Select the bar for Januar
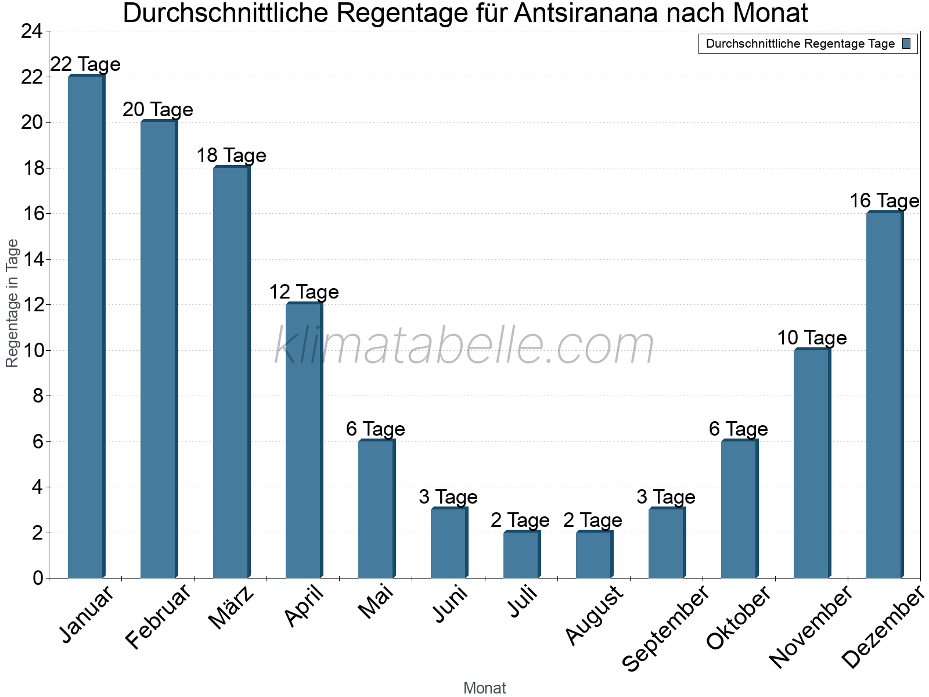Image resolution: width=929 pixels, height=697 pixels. coord(86,326)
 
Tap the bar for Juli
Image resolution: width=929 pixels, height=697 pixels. coord(521,555)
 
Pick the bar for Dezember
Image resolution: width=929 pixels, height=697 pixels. coord(884,395)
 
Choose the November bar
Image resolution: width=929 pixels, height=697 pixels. coord(812,464)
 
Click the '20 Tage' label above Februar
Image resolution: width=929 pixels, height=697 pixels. coord(158,110)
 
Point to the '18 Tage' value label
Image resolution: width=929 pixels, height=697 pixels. coord(231,156)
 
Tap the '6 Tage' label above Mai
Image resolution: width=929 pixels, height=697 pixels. coord(376,429)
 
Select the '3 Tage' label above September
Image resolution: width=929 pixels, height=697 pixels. coord(666,497)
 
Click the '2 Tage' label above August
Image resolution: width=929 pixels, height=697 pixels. coord(593,520)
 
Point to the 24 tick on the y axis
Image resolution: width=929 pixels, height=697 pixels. coord(31,31)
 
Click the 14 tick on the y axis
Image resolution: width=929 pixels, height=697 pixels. coord(31,260)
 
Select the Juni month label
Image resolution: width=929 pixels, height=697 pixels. coord(450,604)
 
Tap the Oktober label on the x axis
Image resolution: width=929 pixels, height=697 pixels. coord(738,617)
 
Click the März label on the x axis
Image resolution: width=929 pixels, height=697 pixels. coord(231,608)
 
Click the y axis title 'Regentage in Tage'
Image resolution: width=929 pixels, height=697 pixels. coord(13,303)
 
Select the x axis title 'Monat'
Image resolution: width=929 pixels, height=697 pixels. coord(484,688)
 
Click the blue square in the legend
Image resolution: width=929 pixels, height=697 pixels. coord(907,44)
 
